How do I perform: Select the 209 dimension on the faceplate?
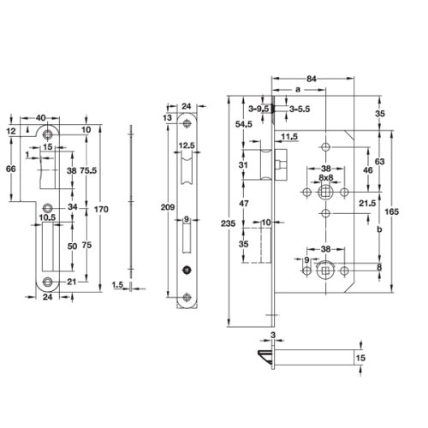coord(169,207)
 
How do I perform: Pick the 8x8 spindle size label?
coord(325,179)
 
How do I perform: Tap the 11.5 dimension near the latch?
coord(288,137)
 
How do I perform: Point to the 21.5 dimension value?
coord(369,203)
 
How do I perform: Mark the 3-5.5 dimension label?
coord(299,110)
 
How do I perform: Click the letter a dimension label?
coord(296,88)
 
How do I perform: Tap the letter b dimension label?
coord(378,230)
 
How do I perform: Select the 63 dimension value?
coord(379,159)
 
